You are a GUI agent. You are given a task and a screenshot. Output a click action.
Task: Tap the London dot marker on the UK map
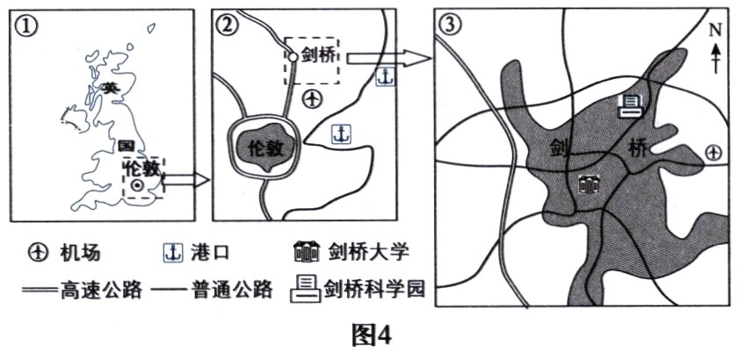136,187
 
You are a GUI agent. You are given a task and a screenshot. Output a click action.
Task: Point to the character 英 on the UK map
109,88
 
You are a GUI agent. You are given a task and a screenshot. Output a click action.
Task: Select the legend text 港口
209,253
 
